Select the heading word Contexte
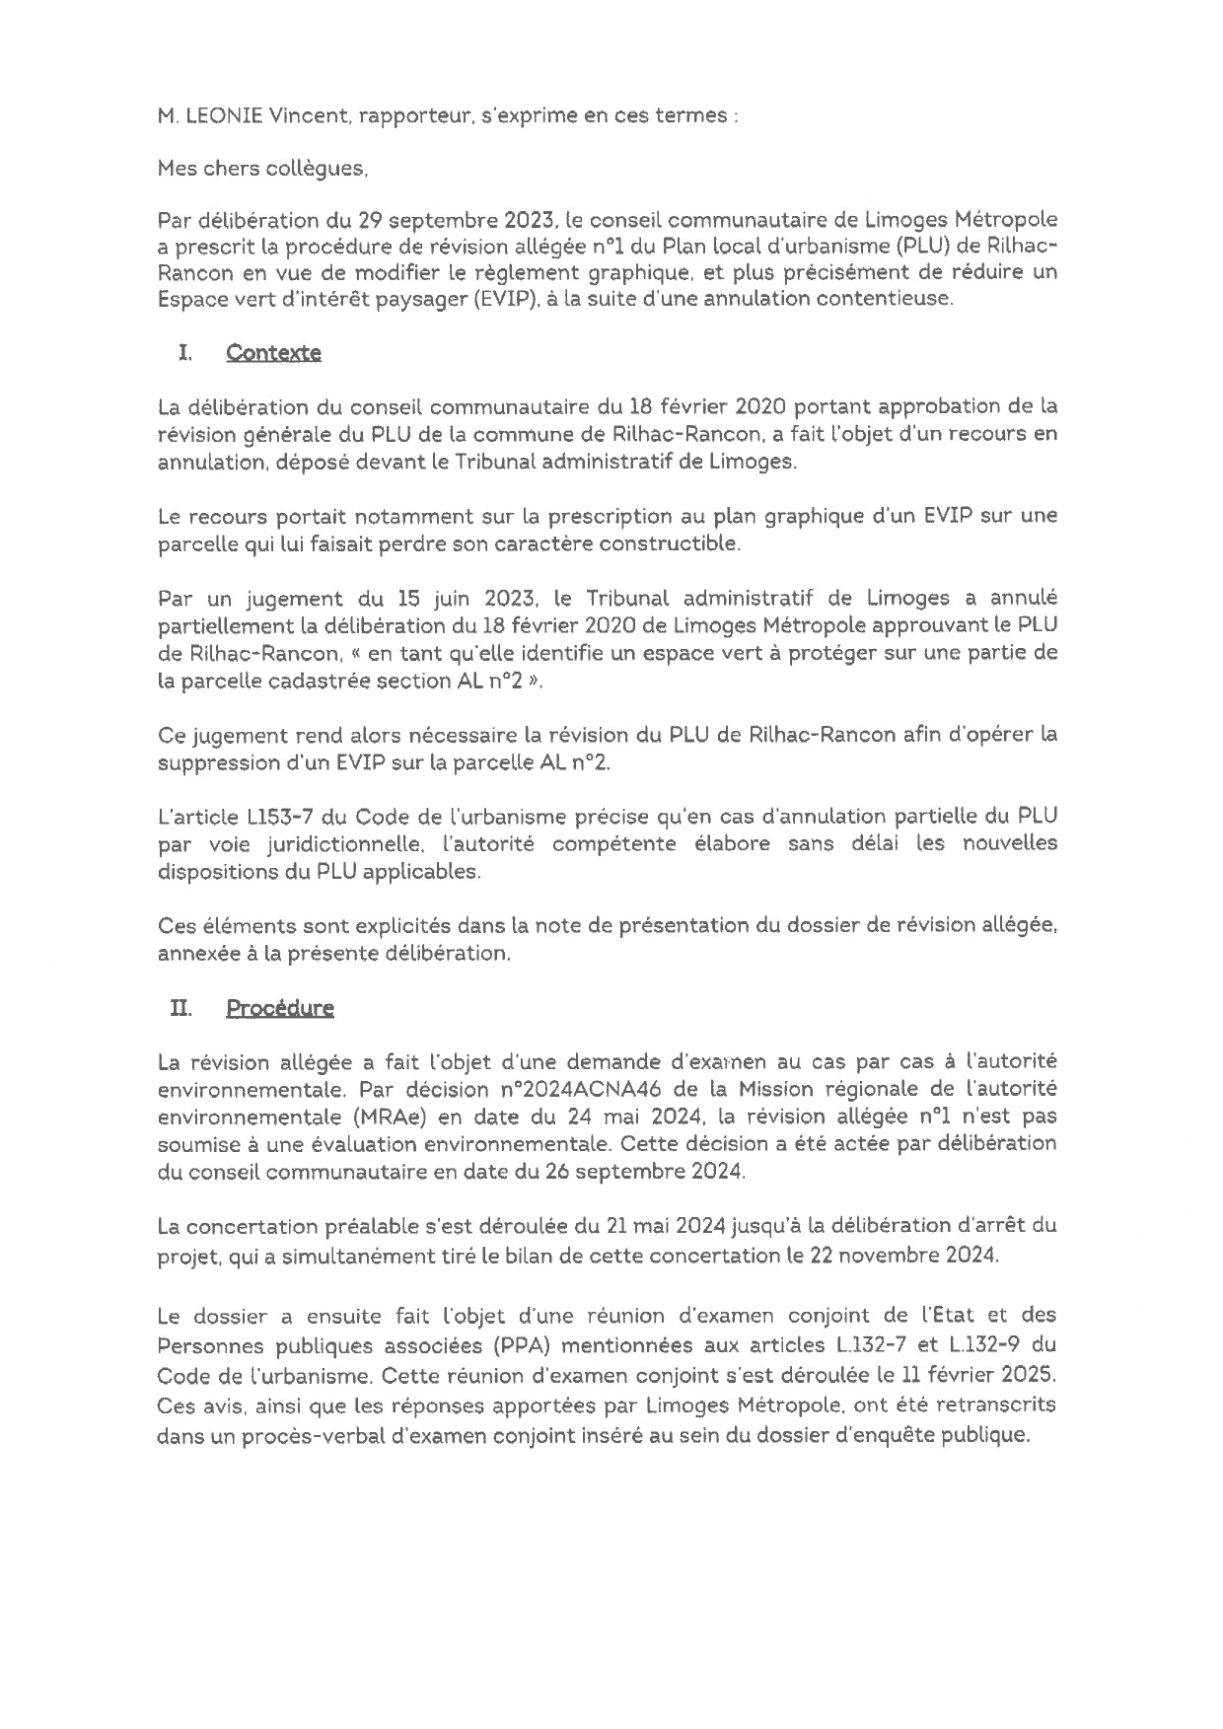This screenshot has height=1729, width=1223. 273,353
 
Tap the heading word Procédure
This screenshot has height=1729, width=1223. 280,1008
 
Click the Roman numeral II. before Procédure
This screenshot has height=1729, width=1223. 180,1008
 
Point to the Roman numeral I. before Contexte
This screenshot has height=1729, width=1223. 183,353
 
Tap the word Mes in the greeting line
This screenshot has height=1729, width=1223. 177,170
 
